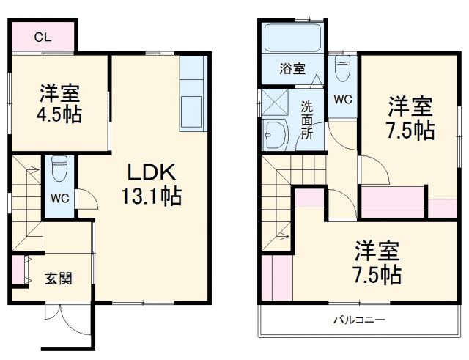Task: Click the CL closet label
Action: click(42, 37)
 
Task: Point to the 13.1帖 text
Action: click(151, 196)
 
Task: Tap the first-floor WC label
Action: click(59, 198)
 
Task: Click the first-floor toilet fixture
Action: click(60, 170)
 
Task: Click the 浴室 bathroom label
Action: click(293, 69)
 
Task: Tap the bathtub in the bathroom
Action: click(292, 39)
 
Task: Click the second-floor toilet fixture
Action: click(342, 70)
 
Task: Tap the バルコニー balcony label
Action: click(359, 320)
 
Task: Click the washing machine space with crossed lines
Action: click(277, 103)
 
